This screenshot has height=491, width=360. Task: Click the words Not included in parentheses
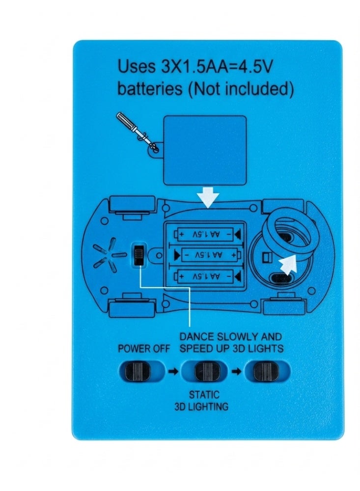point(241,89)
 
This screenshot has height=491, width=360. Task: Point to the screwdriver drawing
point(138,133)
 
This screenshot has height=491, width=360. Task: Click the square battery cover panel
point(205,150)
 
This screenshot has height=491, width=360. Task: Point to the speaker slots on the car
point(105,254)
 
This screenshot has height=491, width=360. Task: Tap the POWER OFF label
point(143,349)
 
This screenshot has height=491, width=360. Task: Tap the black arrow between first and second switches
point(173,372)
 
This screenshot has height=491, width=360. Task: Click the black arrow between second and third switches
point(237,372)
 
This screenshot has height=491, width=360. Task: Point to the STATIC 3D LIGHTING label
point(201,400)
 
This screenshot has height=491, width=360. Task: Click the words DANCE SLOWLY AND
point(231,337)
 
